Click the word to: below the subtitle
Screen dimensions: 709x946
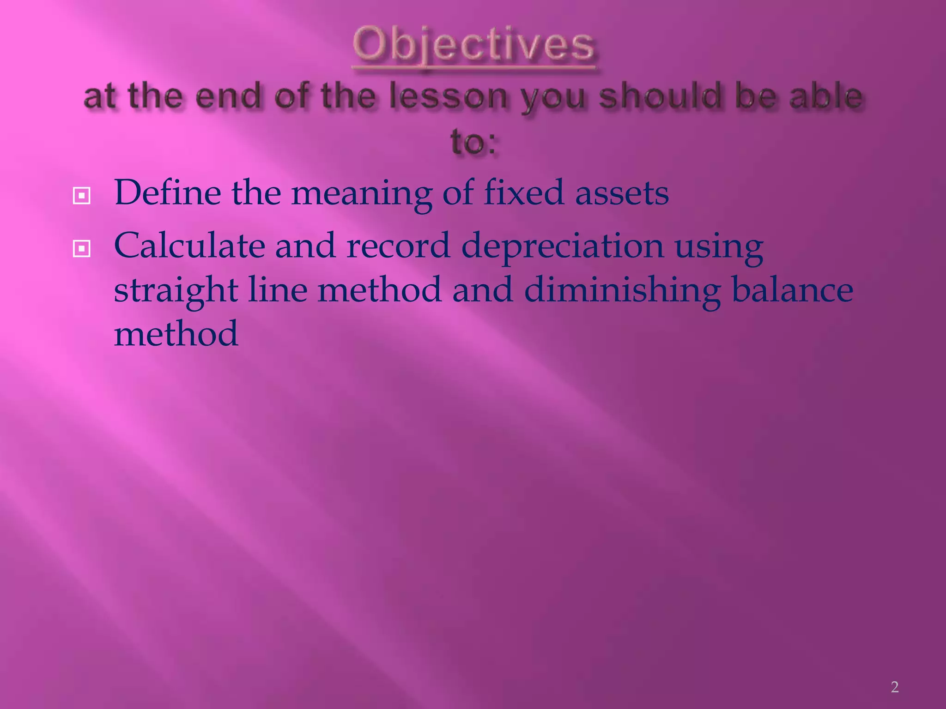[x=473, y=142]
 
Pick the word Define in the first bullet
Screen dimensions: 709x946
[x=167, y=193]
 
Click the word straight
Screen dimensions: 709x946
[x=176, y=291]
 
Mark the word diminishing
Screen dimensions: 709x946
[x=622, y=291]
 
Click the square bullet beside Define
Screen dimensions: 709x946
[x=81, y=196]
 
